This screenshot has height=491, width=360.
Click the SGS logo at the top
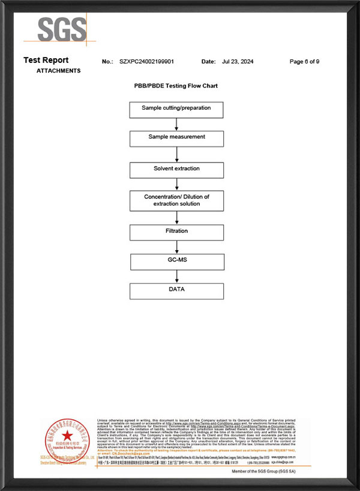pos(62,29)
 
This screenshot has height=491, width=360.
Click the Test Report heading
pos(46,60)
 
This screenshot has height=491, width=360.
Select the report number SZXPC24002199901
pos(146,62)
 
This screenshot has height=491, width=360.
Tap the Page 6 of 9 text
pos(304,62)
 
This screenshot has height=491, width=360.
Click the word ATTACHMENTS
pos(58,71)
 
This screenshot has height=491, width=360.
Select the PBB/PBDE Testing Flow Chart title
pos(176,86)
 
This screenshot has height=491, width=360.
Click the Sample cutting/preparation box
pos(176,110)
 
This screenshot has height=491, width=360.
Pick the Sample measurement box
pos(176,138)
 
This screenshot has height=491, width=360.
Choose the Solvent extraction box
pos(176,170)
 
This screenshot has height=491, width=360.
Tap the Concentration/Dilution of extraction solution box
pos(176,200)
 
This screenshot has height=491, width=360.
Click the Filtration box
pos(176,232)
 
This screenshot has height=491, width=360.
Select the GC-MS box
pos(176,261)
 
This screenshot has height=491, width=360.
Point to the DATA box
pos(176,291)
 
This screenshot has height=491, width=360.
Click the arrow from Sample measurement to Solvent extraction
pos(176,154)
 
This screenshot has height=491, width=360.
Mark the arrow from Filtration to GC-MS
pos(176,246)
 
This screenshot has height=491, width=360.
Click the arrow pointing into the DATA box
pos(176,276)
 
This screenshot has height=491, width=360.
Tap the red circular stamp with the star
pos(67,441)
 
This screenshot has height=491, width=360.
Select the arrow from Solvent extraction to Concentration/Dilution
pos(176,184)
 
